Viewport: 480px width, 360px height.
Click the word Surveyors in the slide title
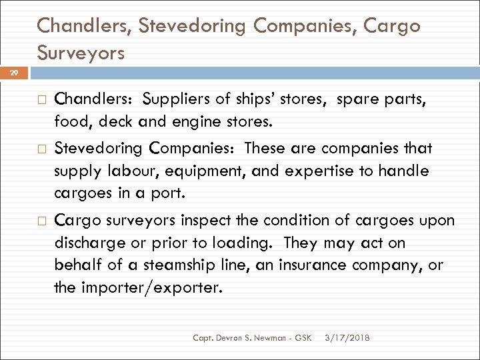[81, 53]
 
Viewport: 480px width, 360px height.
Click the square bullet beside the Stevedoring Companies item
[40, 149]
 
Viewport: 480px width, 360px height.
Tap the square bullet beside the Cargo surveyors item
[40, 220]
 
